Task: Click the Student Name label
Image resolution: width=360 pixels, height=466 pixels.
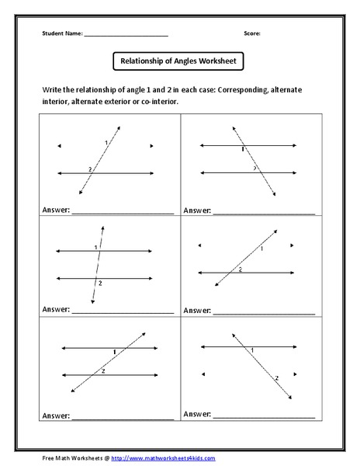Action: pyautogui.click(x=61, y=34)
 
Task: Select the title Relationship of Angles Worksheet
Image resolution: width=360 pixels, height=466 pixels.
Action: pyautogui.click(x=179, y=61)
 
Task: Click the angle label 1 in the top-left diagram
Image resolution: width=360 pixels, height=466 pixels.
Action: pyautogui.click(x=106, y=143)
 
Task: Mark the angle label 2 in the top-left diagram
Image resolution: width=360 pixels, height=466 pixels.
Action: pyautogui.click(x=91, y=169)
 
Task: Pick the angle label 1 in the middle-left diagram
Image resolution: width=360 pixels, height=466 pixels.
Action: pyautogui.click(x=95, y=247)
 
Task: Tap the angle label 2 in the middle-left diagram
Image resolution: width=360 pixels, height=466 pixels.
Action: pyautogui.click(x=100, y=283)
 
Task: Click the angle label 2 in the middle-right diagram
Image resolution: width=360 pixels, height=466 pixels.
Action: pyautogui.click(x=240, y=269)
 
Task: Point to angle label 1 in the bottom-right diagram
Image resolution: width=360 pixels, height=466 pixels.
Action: pyautogui.click(x=253, y=351)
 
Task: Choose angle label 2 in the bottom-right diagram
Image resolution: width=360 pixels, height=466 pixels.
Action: pyautogui.click(x=277, y=377)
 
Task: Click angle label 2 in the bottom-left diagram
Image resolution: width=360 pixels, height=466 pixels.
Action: pyautogui.click(x=103, y=372)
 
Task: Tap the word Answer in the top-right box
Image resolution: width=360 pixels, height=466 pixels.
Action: pyautogui.click(x=197, y=210)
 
